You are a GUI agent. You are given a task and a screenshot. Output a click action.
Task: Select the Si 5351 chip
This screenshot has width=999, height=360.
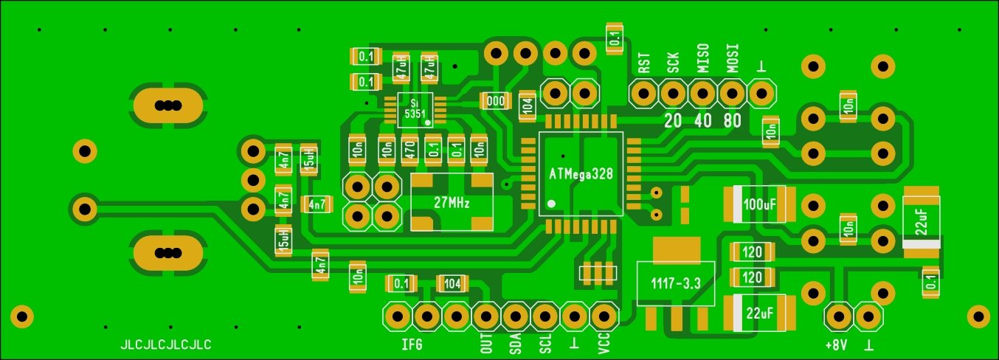point(415,109)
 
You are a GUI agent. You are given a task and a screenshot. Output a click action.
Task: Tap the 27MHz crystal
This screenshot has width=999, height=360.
point(452,201)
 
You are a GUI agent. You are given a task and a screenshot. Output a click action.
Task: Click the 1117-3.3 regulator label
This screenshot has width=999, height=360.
point(675,283)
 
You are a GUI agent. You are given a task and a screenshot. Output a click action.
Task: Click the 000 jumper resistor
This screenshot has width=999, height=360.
point(495,100)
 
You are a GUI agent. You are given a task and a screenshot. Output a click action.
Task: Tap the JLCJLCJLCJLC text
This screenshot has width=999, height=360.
point(166,344)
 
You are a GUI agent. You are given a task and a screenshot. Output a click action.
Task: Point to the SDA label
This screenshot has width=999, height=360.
point(516,343)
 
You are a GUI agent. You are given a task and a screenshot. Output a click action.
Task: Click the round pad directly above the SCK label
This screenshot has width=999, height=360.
point(673,94)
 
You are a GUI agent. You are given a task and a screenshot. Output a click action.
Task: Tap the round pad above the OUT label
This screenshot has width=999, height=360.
point(486,316)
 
